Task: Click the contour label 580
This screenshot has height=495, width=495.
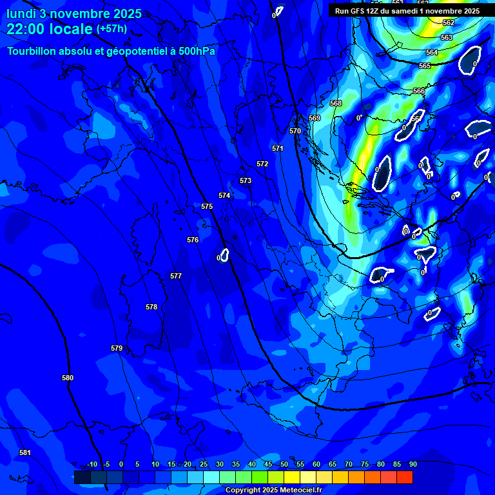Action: click(68, 378)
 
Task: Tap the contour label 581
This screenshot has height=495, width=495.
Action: click(25, 452)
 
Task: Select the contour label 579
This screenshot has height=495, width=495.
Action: click(117, 348)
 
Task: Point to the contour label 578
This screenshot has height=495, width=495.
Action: click(151, 307)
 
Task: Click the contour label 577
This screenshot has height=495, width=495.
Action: click(176, 276)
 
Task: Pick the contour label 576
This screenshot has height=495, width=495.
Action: click(193, 240)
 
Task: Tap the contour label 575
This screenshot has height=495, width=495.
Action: click(207, 206)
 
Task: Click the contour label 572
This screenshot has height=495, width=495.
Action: click(262, 164)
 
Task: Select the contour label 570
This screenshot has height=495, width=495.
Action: click(295, 131)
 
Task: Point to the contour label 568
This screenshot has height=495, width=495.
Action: click(336, 103)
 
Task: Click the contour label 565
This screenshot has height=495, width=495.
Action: click(425, 66)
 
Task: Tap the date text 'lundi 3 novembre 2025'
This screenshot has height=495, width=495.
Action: click(73, 14)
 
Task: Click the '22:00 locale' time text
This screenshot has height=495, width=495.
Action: click(50, 29)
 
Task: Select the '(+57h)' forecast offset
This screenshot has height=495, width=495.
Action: click(112, 29)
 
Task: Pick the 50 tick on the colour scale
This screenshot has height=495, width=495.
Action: click(284, 465)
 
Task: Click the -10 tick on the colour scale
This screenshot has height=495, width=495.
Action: click(92, 465)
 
